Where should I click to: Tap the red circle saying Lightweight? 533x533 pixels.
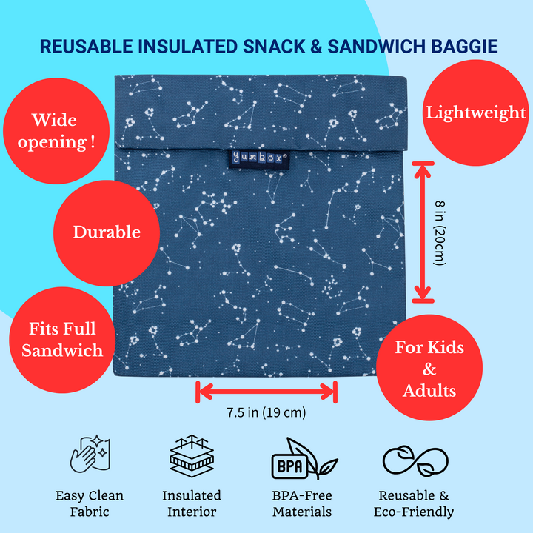click(x=475, y=113)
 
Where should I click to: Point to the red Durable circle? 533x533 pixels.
click(x=106, y=232)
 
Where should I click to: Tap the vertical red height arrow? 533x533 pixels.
click(x=423, y=232)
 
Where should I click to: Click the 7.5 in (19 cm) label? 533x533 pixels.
click(x=266, y=412)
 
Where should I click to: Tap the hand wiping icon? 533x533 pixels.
click(x=90, y=455)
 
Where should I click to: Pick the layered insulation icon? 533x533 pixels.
click(x=192, y=455)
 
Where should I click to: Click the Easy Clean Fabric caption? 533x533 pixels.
click(x=90, y=503)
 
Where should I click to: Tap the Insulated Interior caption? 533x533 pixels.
click(x=192, y=503)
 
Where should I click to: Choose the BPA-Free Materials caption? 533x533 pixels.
click(x=302, y=503)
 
